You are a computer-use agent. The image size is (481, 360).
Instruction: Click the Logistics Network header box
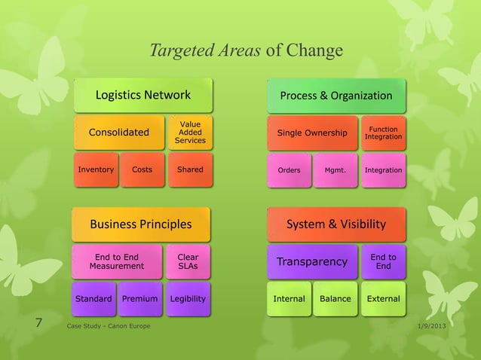click(142, 95)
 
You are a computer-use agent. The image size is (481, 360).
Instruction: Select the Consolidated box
click(118, 133)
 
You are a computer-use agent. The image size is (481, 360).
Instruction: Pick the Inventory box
click(96, 169)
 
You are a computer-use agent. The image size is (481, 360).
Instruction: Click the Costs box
click(142, 169)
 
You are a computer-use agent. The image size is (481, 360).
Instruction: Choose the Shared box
click(190, 169)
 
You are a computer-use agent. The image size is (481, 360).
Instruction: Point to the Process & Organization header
click(335, 96)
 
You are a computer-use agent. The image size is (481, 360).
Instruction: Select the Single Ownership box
click(312, 133)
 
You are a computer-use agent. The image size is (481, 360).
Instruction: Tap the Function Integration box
click(383, 133)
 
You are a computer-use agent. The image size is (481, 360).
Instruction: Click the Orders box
click(289, 170)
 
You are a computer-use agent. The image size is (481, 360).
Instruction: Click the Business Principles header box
click(141, 224)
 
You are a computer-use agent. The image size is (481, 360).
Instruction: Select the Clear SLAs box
click(188, 261)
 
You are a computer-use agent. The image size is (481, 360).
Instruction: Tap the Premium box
click(139, 299)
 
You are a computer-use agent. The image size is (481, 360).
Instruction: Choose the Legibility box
click(188, 299)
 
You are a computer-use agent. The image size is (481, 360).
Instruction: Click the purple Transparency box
click(312, 262)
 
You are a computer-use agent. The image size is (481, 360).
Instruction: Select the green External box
click(383, 299)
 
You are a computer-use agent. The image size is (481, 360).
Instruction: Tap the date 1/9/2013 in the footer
click(430, 325)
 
